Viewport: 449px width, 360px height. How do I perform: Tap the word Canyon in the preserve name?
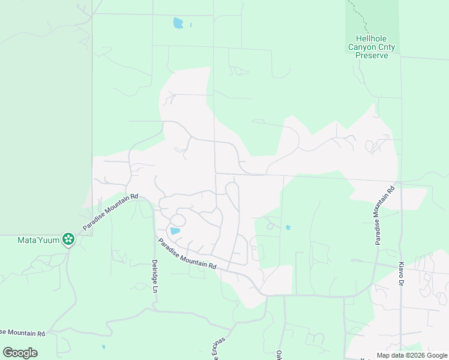pyautogui.click(x=361, y=46)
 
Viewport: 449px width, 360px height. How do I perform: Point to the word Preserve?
pyautogui.click(x=372, y=55)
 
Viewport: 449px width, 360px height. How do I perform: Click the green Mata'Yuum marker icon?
pyautogui.click(x=69, y=239)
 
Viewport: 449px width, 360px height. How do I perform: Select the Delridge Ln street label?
pyautogui.click(x=154, y=275)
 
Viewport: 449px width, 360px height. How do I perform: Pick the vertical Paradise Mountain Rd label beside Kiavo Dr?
pyautogui.click(x=384, y=215)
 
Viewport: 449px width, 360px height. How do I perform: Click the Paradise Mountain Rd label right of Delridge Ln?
pyautogui.click(x=187, y=253)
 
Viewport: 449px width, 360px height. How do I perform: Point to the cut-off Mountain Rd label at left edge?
pyautogui.click(x=23, y=333)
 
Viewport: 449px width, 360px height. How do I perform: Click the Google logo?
pyautogui.click(x=20, y=353)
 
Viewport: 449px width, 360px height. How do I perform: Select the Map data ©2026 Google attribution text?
pyautogui.click(x=412, y=355)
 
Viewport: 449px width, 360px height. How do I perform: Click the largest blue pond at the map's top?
pyautogui.click(x=178, y=23)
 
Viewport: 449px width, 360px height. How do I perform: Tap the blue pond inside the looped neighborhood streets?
pyautogui.click(x=175, y=231)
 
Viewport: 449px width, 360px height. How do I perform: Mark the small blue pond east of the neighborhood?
pyautogui.click(x=289, y=227)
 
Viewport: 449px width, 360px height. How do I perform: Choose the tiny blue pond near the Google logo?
pyautogui.click(x=103, y=347)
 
